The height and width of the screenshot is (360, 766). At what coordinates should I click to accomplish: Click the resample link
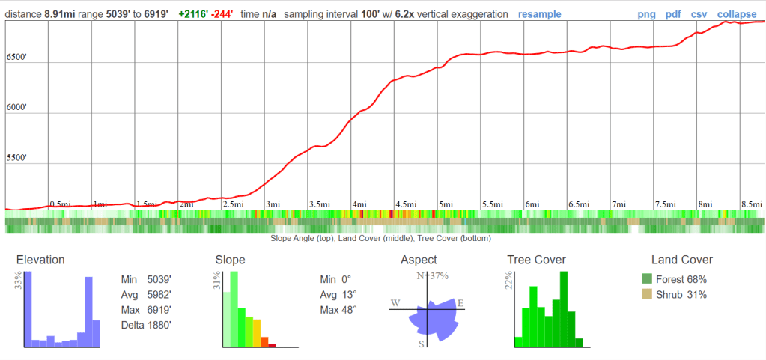tap(539, 14)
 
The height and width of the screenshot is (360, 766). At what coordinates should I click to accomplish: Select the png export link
tap(647, 14)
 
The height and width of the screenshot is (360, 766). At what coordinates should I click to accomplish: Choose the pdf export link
tap(673, 14)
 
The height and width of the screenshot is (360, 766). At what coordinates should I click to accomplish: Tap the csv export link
tap(699, 14)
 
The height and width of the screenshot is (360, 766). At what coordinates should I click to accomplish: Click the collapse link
tap(736, 14)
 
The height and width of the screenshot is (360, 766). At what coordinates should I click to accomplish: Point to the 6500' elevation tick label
tap(17, 57)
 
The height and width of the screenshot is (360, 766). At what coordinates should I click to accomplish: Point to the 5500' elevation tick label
tap(17, 159)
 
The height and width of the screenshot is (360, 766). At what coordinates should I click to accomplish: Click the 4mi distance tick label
tap(360, 204)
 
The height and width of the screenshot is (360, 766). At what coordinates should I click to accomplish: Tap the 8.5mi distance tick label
tap(750, 204)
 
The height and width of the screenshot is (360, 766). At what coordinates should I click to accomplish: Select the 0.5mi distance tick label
tap(60, 204)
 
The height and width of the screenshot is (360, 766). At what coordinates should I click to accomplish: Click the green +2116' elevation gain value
tap(194, 14)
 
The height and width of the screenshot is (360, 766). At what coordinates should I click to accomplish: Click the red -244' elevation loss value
tap(223, 14)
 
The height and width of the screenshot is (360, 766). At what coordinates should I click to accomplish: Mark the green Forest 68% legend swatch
tap(647, 279)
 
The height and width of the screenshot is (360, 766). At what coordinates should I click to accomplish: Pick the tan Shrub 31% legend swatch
tap(647, 294)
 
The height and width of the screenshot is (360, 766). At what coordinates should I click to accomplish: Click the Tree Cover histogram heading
tap(535, 260)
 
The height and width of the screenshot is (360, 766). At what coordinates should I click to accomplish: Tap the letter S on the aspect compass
tap(422, 344)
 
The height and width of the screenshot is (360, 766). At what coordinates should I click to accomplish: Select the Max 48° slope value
tap(338, 309)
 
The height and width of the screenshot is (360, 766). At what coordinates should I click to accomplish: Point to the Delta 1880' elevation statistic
tap(145, 325)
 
